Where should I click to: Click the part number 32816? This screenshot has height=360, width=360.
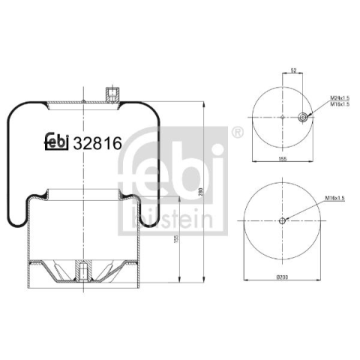pyautogui.click(x=97, y=143)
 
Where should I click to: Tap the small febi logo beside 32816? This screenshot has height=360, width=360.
pyautogui.click(x=56, y=142)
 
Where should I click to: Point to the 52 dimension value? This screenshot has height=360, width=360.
pyautogui.click(x=293, y=70)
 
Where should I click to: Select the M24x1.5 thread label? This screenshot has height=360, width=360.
pyautogui.click(x=340, y=97)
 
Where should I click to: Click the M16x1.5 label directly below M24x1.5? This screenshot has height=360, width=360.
pyautogui.click(x=340, y=104)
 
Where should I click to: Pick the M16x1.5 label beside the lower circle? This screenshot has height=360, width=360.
pyautogui.click(x=335, y=198)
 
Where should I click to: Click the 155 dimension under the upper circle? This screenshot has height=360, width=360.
pyautogui.click(x=283, y=159)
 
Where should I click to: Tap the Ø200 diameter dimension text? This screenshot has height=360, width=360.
pyautogui.click(x=282, y=277)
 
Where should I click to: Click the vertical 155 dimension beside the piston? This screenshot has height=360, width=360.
pyautogui.click(x=177, y=239)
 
